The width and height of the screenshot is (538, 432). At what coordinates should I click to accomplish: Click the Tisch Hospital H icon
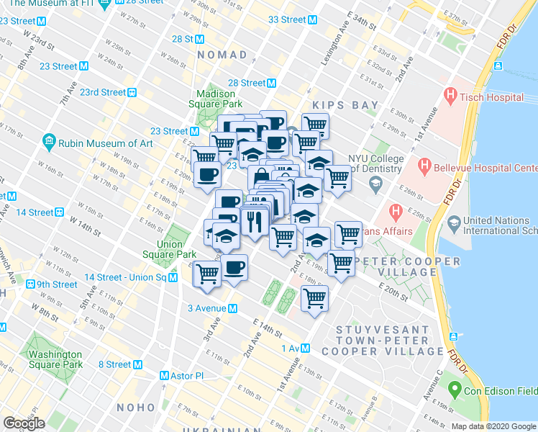pyautogui.click(x=451, y=94)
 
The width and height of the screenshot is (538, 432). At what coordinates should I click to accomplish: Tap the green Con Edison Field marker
pyautogui.click(x=454, y=391)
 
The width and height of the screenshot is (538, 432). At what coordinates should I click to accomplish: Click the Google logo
pyautogui.click(x=24, y=423)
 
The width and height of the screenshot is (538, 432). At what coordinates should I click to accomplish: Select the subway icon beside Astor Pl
pyautogui.click(x=165, y=376)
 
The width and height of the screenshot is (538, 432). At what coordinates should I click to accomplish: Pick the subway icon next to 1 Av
pyautogui.click(x=306, y=348)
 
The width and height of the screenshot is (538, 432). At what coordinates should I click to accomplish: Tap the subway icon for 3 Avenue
pyautogui.click(x=232, y=308)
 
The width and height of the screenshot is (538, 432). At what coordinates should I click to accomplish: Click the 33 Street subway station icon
pyautogui.click(x=312, y=19)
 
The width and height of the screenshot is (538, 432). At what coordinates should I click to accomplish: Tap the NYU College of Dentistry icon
pyautogui.click(x=375, y=184)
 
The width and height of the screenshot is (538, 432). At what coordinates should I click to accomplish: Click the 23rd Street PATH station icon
pyautogui.click(x=132, y=92)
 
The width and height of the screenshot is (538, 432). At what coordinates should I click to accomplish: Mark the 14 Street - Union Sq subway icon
pyautogui.click(x=173, y=277)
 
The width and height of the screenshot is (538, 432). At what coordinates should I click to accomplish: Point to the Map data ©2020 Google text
pyautogui.click(x=493, y=426)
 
